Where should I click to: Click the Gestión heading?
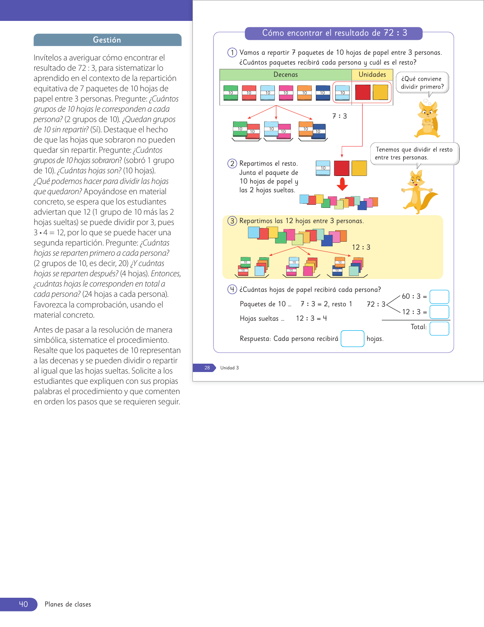pos(107,40)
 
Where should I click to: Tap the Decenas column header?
pos(285,75)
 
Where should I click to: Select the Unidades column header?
pos(372,75)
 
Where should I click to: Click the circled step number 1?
pos(232,52)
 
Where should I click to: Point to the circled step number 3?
pos(232,221)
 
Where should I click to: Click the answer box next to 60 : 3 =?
pos(439,297)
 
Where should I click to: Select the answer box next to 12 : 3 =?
pos(439,312)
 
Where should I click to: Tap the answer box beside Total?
pos(439,329)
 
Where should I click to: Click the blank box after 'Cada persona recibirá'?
pos(352,339)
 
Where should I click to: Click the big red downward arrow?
pos(342,184)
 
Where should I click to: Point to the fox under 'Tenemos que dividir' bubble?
pos(418,192)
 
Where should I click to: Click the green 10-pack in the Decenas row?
pos(230,93)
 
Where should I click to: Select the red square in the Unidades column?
pos(363,92)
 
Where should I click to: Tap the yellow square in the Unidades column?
pos(380,92)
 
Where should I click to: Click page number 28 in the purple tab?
pos(207,368)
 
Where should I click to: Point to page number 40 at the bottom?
pos(23,604)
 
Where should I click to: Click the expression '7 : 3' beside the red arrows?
pos(339,116)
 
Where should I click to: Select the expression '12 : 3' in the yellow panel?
pos(361,247)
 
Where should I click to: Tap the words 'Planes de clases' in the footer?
pos(68,605)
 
